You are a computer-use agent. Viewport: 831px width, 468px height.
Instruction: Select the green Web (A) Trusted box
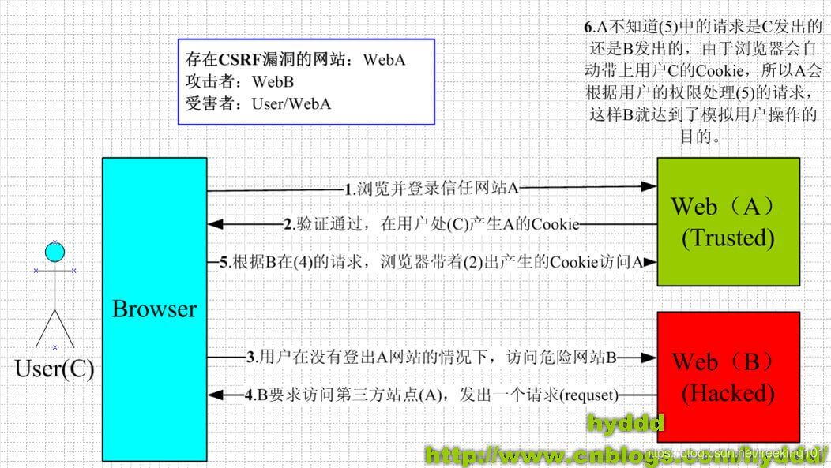[728, 222]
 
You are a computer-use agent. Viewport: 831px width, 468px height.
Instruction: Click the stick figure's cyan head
[54, 253]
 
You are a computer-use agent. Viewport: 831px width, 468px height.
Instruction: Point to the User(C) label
[54, 369]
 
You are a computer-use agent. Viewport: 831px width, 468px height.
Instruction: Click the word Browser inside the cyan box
[154, 309]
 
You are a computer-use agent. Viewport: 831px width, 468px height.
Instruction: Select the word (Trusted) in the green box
[728, 238]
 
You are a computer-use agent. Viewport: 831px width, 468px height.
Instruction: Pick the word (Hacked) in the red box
[728, 392]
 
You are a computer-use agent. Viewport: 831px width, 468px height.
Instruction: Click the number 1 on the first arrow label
[348, 189]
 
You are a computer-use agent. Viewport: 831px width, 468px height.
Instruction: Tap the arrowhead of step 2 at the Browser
[216, 225]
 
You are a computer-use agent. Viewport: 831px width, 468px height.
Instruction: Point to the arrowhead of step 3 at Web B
[649, 358]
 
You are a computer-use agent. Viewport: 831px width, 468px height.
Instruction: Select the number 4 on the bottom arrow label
[250, 394]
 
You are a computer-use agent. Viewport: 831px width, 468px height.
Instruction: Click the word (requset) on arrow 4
[588, 394]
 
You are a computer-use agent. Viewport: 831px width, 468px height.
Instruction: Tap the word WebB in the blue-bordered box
[273, 81]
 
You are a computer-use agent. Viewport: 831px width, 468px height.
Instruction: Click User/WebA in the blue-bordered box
[291, 103]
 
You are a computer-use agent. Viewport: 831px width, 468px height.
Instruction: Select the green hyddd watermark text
[625, 425]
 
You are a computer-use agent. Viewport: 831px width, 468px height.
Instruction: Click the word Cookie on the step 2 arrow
[552, 225]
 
